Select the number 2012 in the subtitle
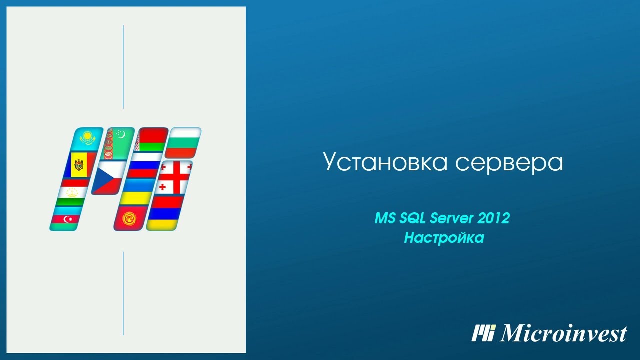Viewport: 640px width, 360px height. [493, 218]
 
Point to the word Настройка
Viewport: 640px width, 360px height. [444, 238]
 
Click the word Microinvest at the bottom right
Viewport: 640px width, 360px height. [563, 333]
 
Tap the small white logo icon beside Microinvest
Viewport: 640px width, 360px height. [483, 333]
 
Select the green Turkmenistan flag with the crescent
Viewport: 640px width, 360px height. [119, 142]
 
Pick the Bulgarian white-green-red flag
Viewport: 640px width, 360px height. [183, 142]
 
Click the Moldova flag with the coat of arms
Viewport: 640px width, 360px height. [78, 164]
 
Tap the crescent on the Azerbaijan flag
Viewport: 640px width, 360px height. [67, 219]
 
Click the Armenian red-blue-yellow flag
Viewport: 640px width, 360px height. [164, 213]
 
